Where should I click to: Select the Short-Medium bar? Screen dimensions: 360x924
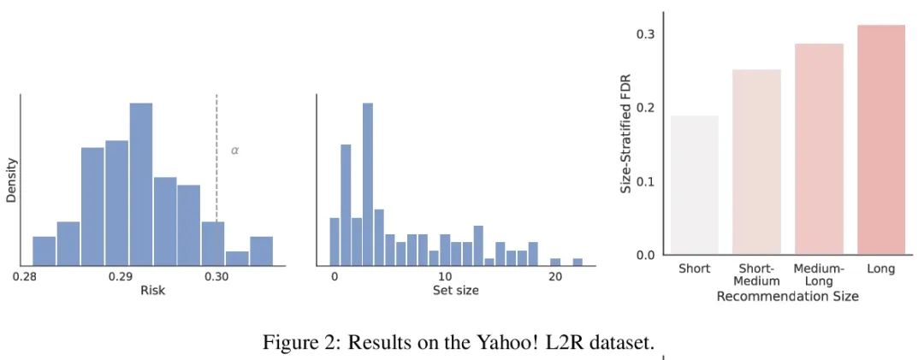click(x=756, y=162)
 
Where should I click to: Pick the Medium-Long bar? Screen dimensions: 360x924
click(x=819, y=150)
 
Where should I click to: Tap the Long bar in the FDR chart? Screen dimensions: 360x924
click(x=880, y=140)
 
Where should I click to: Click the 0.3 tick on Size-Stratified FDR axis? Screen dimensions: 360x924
click(x=648, y=34)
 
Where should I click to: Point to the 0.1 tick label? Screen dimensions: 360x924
click(x=648, y=181)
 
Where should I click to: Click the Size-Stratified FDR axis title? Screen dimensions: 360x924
click(x=625, y=143)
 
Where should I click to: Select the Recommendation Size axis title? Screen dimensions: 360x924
click(x=787, y=297)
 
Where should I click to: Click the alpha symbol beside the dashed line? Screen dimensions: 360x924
click(x=235, y=150)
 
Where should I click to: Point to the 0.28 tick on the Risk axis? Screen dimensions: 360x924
click(x=25, y=276)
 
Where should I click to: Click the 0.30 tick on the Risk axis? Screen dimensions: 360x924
click(x=216, y=276)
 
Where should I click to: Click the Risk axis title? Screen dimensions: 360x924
click(x=152, y=291)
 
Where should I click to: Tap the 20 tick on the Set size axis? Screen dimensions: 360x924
click(x=554, y=276)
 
